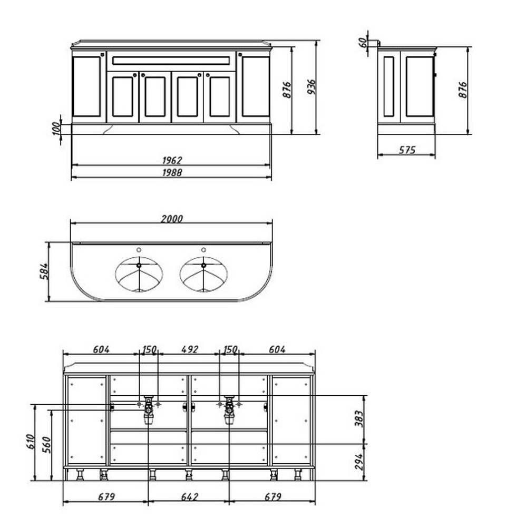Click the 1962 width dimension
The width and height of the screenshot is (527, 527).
tap(172, 160)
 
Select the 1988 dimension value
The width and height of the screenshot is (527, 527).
tap(172, 172)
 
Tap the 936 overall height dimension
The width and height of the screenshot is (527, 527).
tap(311, 87)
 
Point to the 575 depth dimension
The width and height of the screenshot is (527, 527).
tap(407, 150)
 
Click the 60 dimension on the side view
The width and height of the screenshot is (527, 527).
tap(363, 42)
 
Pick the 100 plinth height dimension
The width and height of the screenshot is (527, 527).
tap(56, 129)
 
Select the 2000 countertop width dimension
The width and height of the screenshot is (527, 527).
tap(172, 219)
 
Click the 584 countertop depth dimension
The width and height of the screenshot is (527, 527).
tap(44, 271)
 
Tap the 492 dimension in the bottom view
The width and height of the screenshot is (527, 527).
tap(190, 349)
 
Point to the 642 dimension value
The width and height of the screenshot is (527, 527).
tap(190, 497)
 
